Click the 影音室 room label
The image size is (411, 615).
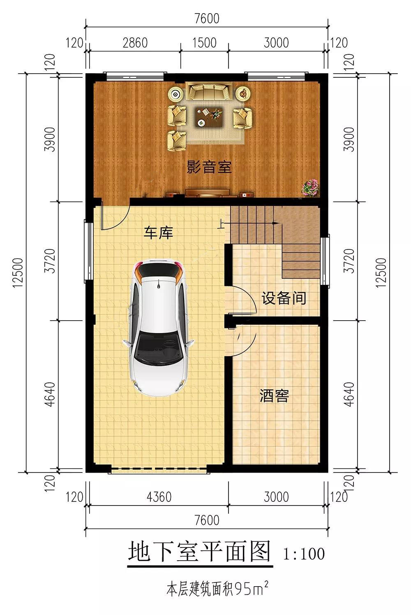click(209, 167)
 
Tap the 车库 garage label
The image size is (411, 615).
click(159, 233)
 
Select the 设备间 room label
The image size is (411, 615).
click(284, 298)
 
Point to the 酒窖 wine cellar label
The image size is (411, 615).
click(274, 396)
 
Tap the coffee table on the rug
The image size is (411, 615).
click(209, 116)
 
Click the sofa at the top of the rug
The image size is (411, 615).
click(209, 91)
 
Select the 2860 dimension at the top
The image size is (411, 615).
click(135, 43)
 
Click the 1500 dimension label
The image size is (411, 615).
click(204, 43)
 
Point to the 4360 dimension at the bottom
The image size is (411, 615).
click(159, 497)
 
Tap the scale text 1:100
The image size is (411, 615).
click(304, 554)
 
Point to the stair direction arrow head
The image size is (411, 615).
click(275, 223)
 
